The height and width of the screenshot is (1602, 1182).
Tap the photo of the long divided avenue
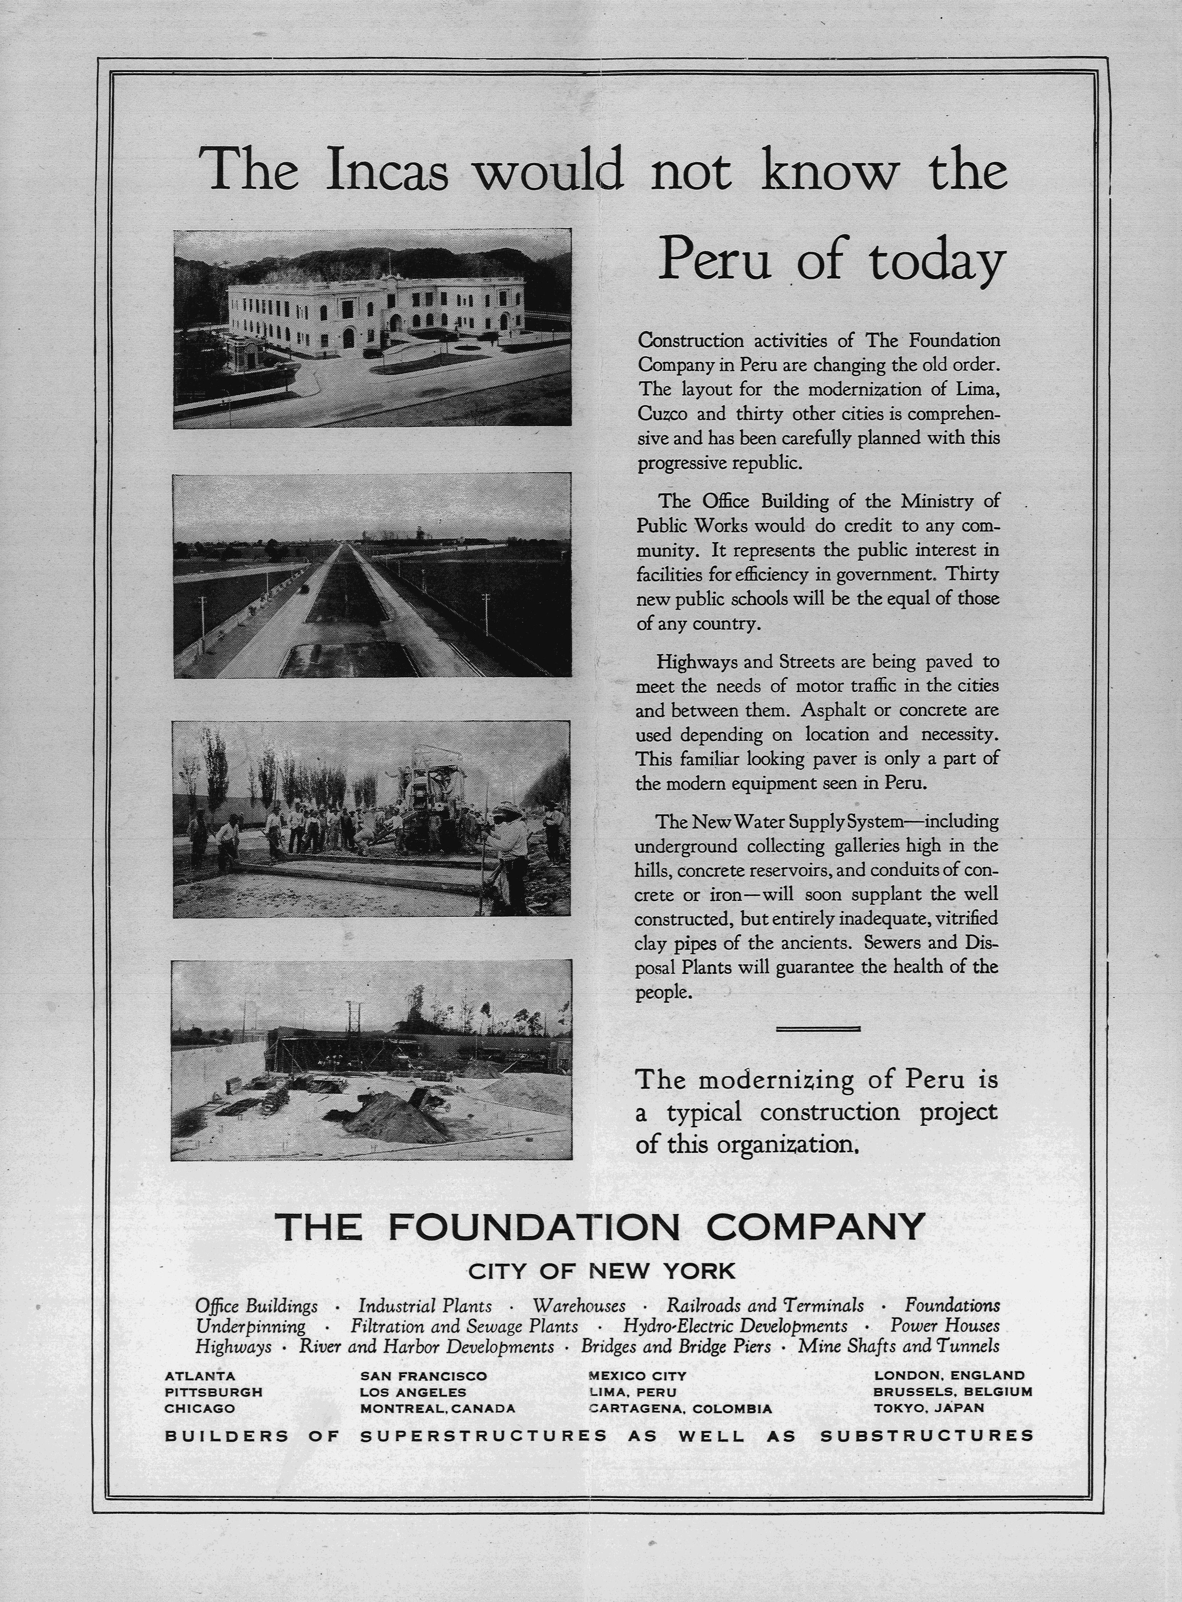tap(372, 575)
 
